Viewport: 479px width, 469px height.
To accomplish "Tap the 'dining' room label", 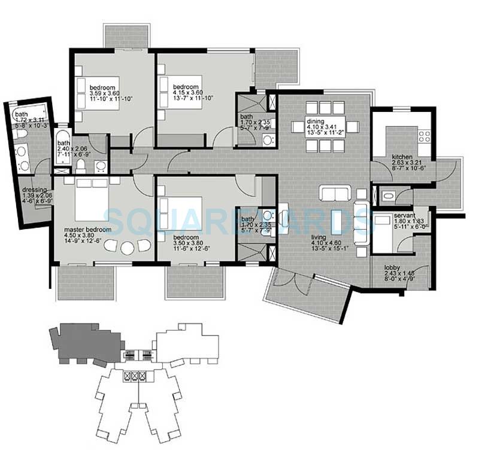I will tap(305, 120).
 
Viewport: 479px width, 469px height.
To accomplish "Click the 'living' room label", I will tap(319, 237).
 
